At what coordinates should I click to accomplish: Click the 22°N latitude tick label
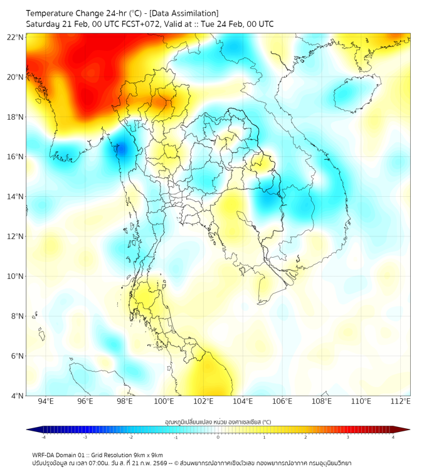pos(16,37)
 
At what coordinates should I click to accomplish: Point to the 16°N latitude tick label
pos(16,157)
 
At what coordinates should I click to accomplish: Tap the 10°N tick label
pos(16,276)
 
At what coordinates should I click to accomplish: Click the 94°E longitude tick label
pos(46,402)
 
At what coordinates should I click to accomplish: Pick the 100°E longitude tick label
pos(164,402)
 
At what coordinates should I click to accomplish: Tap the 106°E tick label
pos(282,402)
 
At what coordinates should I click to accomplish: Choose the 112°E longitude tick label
pos(401,402)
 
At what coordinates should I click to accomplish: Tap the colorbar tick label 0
pos(218,437)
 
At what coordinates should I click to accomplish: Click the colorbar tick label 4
pos(393,437)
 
